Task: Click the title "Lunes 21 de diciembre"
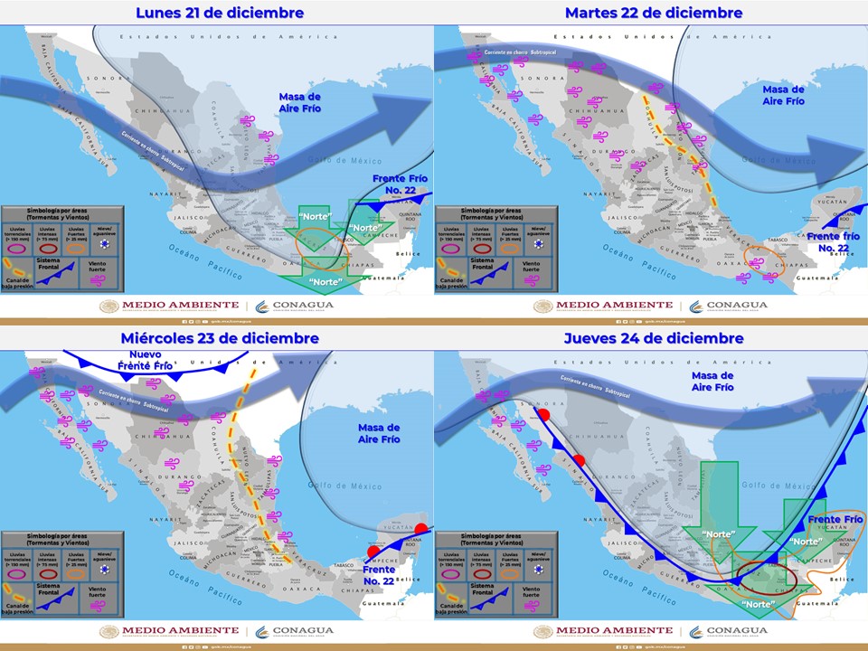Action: [x=219, y=13]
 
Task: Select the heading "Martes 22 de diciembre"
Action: [x=654, y=13]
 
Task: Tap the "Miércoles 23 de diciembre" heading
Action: [x=220, y=338]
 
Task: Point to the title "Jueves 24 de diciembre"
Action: [x=654, y=338]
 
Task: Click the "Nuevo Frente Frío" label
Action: [x=146, y=360]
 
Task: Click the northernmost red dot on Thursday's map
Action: [x=544, y=415]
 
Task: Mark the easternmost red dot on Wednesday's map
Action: [x=420, y=529]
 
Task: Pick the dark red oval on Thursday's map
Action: [x=759, y=575]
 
